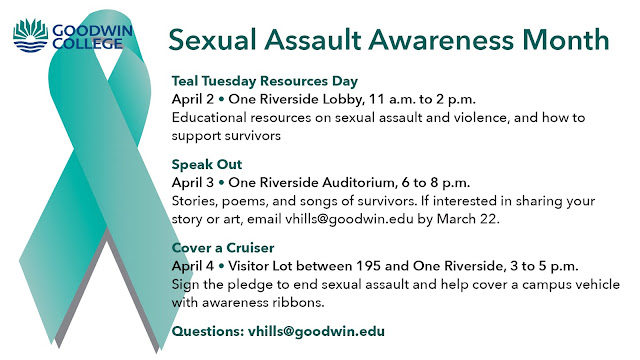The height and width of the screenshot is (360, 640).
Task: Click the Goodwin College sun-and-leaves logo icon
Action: tap(30, 35)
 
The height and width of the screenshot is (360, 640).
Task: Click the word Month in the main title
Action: tap(566, 40)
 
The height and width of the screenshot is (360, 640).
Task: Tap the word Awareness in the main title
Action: tap(442, 40)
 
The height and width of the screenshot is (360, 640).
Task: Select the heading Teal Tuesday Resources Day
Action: tap(264, 81)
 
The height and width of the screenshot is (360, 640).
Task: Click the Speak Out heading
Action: tap(207, 164)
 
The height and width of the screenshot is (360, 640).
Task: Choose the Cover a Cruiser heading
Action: tap(223, 248)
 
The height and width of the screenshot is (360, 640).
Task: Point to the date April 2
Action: tap(193, 99)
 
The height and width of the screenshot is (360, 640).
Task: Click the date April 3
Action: tap(193, 182)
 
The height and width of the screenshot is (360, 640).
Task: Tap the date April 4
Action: tap(193, 266)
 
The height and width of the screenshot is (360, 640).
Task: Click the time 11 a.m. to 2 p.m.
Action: tap(422, 99)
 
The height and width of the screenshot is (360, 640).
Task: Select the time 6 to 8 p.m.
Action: tap(436, 182)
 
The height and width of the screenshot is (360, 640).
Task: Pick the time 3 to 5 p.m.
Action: tap(544, 266)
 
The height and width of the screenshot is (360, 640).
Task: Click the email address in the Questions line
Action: tap(316, 331)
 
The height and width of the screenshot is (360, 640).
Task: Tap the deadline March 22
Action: tap(468, 219)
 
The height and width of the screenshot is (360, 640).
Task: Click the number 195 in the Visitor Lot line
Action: tap(369, 266)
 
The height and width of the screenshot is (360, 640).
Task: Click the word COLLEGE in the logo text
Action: tap(87, 43)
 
